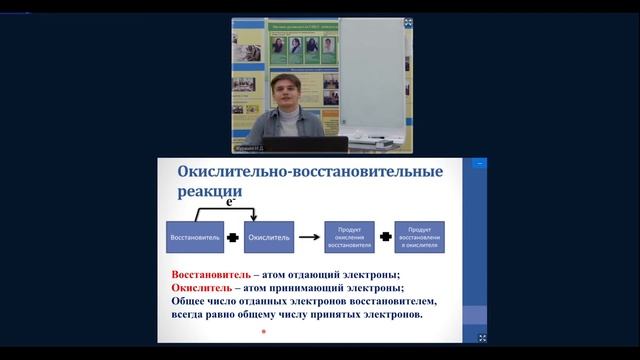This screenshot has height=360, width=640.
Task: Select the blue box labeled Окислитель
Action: click(x=269, y=237)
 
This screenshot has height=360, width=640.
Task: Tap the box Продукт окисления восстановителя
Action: click(x=349, y=237)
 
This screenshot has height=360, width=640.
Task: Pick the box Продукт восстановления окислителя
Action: click(x=420, y=237)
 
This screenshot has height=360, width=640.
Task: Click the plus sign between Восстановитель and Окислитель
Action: click(x=232, y=237)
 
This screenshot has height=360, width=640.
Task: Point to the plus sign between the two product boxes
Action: click(x=385, y=237)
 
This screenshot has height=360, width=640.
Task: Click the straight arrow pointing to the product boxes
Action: click(x=309, y=237)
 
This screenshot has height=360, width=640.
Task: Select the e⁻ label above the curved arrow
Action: click(x=232, y=201)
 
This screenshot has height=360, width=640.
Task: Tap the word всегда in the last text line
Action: click(x=192, y=315)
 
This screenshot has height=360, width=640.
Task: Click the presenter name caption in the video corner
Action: click(x=252, y=148)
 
